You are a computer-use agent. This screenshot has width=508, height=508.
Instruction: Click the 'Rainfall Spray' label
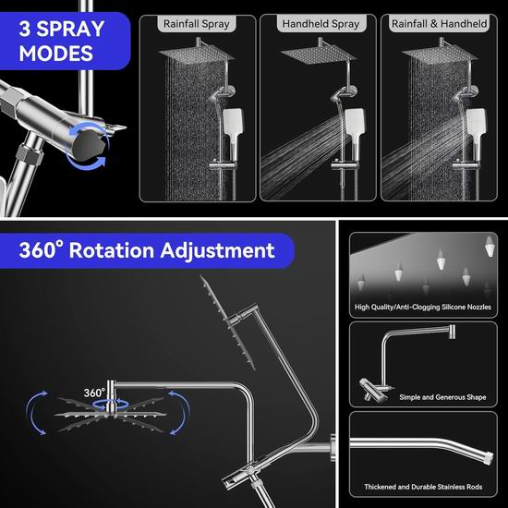pyautogui.click(x=197, y=24)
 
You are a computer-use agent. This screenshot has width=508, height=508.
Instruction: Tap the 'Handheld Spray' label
pyautogui.click(x=321, y=24)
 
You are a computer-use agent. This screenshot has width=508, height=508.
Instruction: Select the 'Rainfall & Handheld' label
pyautogui.click(x=439, y=24)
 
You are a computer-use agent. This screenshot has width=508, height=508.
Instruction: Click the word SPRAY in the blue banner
pyautogui.click(x=70, y=29)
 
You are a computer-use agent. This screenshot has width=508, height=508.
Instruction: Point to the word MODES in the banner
pyautogui.click(x=56, y=54)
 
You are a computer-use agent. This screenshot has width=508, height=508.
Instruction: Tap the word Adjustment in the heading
pyautogui.click(x=217, y=250)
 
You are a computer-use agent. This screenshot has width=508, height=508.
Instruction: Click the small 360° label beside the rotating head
pyautogui.click(x=94, y=393)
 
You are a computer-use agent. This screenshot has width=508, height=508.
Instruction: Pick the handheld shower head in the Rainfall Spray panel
pyautogui.click(x=232, y=129)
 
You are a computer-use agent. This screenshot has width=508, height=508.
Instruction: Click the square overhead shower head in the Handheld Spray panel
pyautogui.click(x=319, y=54)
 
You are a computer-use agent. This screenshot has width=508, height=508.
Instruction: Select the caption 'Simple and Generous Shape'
pyautogui.click(x=442, y=397)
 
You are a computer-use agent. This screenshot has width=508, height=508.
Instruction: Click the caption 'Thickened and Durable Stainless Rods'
pyautogui.click(x=423, y=487)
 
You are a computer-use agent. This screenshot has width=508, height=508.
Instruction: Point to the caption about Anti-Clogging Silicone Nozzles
pyautogui.click(x=423, y=307)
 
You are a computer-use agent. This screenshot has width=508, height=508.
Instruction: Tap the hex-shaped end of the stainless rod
pyautogui.click(x=487, y=457)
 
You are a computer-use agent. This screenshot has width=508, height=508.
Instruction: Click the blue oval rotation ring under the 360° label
pyautogui.click(x=111, y=404)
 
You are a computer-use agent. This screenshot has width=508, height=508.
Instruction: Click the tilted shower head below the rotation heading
pyautogui.click(x=227, y=323)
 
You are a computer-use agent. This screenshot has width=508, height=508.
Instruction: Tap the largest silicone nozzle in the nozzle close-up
pyautogui.click(x=490, y=246)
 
